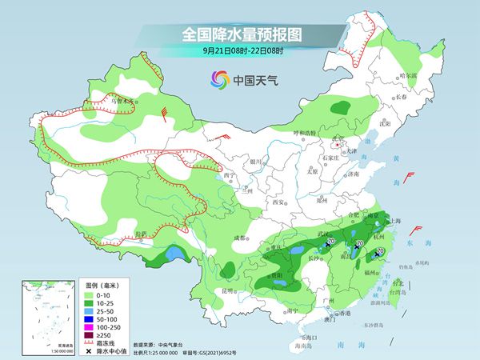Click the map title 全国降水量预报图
tap(239, 35)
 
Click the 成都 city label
tap(239, 238)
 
